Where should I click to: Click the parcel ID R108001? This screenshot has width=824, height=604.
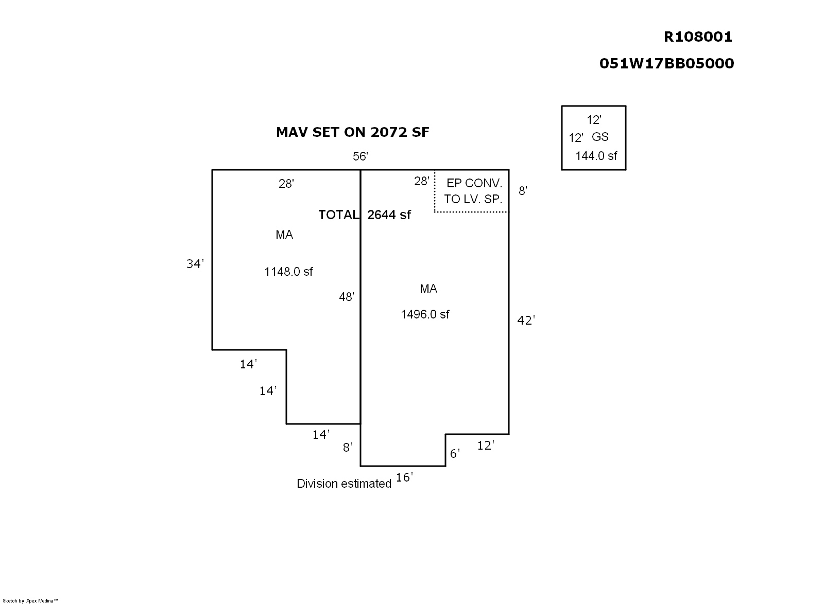click(x=697, y=37)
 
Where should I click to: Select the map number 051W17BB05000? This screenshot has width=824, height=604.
click(x=666, y=63)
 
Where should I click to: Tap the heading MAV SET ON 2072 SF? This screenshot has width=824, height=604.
click(x=352, y=132)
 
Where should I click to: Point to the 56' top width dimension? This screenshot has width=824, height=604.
click(x=360, y=156)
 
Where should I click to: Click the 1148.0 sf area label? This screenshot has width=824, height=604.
click(x=288, y=272)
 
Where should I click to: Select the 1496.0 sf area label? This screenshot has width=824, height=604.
click(x=425, y=314)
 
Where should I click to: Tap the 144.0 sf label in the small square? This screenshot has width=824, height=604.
click(x=596, y=156)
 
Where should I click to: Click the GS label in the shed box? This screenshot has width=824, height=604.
click(x=600, y=137)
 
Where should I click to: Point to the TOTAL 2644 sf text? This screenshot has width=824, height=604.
click(x=365, y=215)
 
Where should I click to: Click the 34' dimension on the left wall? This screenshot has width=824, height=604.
click(x=195, y=264)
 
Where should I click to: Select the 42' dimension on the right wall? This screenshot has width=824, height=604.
click(x=526, y=321)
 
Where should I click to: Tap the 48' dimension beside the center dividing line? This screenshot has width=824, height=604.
click(x=347, y=297)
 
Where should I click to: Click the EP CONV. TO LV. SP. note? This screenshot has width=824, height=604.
click(x=473, y=191)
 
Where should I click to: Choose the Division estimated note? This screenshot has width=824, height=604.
click(x=344, y=484)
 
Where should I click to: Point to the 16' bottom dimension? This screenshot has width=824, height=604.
click(x=404, y=478)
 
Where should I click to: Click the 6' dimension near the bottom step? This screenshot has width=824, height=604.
click(x=455, y=454)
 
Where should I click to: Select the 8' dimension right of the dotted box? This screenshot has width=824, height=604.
click(x=523, y=191)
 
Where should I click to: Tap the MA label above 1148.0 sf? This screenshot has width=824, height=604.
click(x=284, y=235)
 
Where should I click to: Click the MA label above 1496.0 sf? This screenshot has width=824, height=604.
click(x=428, y=289)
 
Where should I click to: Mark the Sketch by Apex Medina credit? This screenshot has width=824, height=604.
click(x=31, y=600)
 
